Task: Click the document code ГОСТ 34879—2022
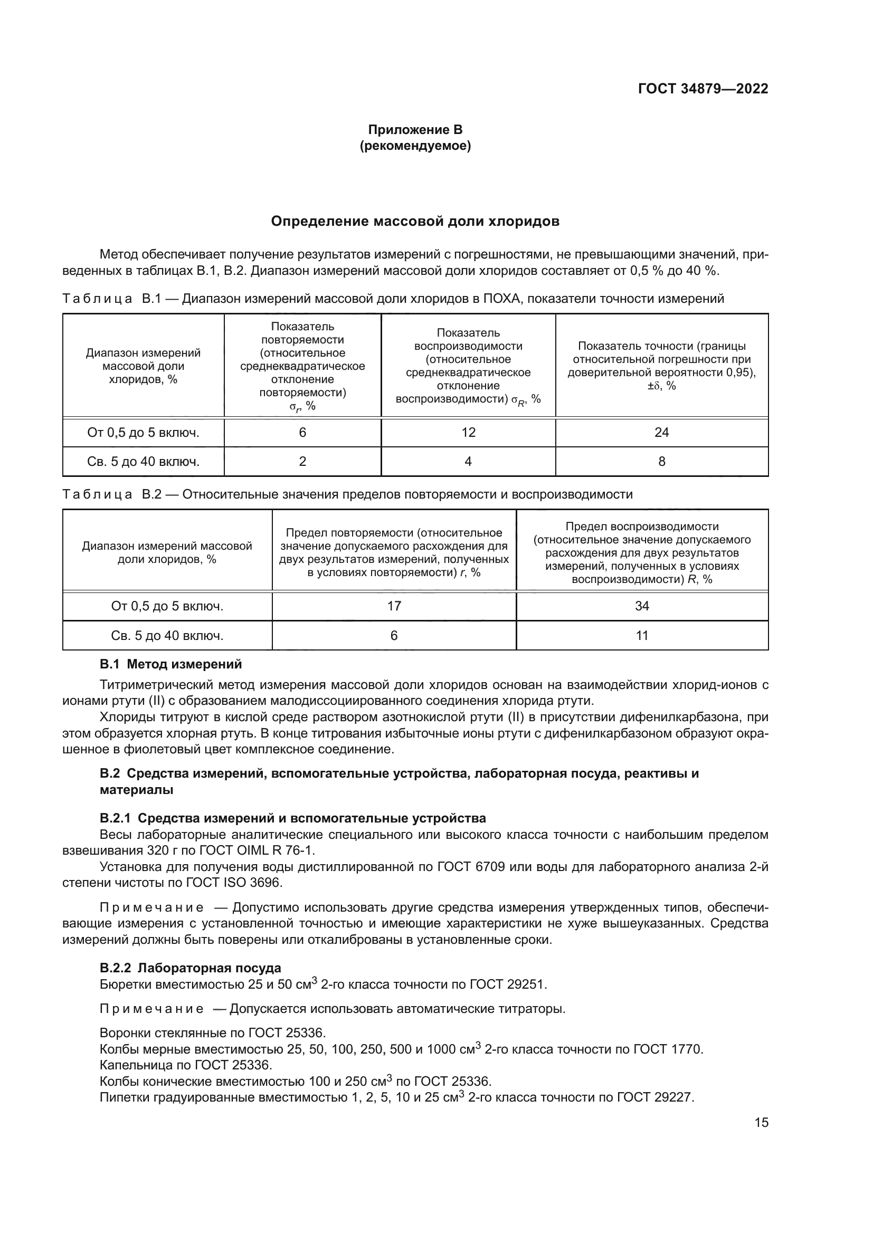[x=703, y=89]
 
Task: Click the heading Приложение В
[x=415, y=130]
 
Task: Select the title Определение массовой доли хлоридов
[x=415, y=222]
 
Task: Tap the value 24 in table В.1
[x=661, y=433]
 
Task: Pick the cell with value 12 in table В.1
[x=468, y=433]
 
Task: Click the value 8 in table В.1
[x=661, y=461]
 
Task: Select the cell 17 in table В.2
[x=394, y=606]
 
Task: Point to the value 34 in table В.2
[x=642, y=606]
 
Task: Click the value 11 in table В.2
[x=642, y=636]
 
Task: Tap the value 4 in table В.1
[x=468, y=461]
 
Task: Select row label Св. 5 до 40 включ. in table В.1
[x=143, y=461]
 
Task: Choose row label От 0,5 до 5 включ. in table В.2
[x=167, y=606]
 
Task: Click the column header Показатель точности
[x=661, y=366]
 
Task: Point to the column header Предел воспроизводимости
[x=642, y=552]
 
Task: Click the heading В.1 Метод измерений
[x=171, y=664]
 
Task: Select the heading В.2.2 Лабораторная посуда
[x=191, y=968]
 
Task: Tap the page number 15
[x=761, y=1123]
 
